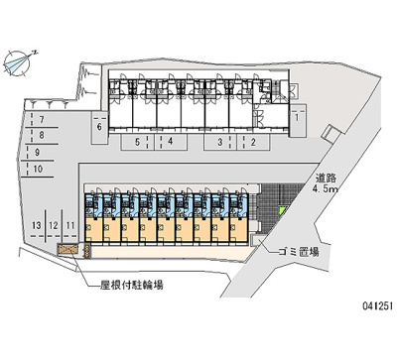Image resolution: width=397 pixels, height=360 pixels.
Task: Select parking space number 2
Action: pyautogui.click(x=254, y=142)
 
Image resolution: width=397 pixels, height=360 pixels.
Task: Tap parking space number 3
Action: pyautogui.click(x=220, y=142)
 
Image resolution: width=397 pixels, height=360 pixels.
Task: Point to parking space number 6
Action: pyautogui.click(x=98, y=127)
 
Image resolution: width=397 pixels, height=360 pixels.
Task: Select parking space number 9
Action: pyautogui.click(x=38, y=154)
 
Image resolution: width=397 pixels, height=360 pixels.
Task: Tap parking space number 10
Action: pyautogui.click(x=37, y=170)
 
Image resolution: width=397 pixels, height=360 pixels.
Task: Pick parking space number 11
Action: pyautogui.click(x=72, y=227)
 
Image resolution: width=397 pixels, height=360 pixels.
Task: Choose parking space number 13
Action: pyautogui.click(x=37, y=227)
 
